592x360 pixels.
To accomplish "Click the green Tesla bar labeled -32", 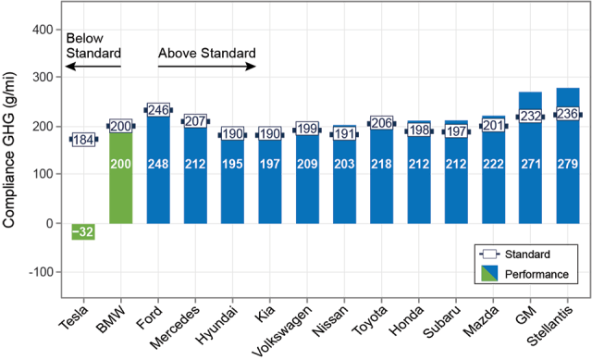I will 83,230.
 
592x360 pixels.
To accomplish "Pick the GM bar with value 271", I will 530,157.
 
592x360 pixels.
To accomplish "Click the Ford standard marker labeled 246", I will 158,110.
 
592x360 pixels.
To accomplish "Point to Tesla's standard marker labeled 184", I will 83,140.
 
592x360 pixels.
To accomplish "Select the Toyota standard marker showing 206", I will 381,123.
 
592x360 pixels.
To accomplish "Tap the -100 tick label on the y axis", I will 37,272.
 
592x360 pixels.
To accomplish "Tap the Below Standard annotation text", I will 92,45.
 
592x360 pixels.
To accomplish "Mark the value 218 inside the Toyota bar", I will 381,163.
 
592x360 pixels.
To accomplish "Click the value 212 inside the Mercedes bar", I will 195,163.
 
